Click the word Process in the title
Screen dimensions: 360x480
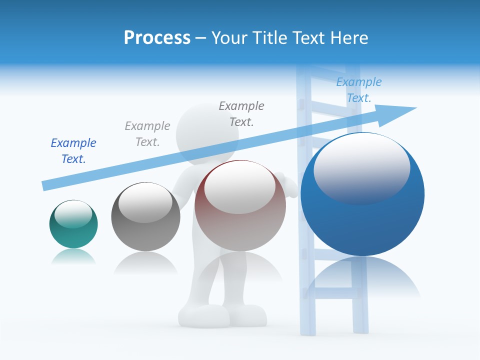[157, 38]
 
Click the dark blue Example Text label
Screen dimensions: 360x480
[73, 150]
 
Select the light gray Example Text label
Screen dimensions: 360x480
[147, 133]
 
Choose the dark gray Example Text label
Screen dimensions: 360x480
[241, 113]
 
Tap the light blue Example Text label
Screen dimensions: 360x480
[359, 89]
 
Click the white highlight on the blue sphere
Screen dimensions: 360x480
[361, 167]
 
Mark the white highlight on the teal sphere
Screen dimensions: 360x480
[73, 214]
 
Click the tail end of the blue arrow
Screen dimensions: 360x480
[45, 185]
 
